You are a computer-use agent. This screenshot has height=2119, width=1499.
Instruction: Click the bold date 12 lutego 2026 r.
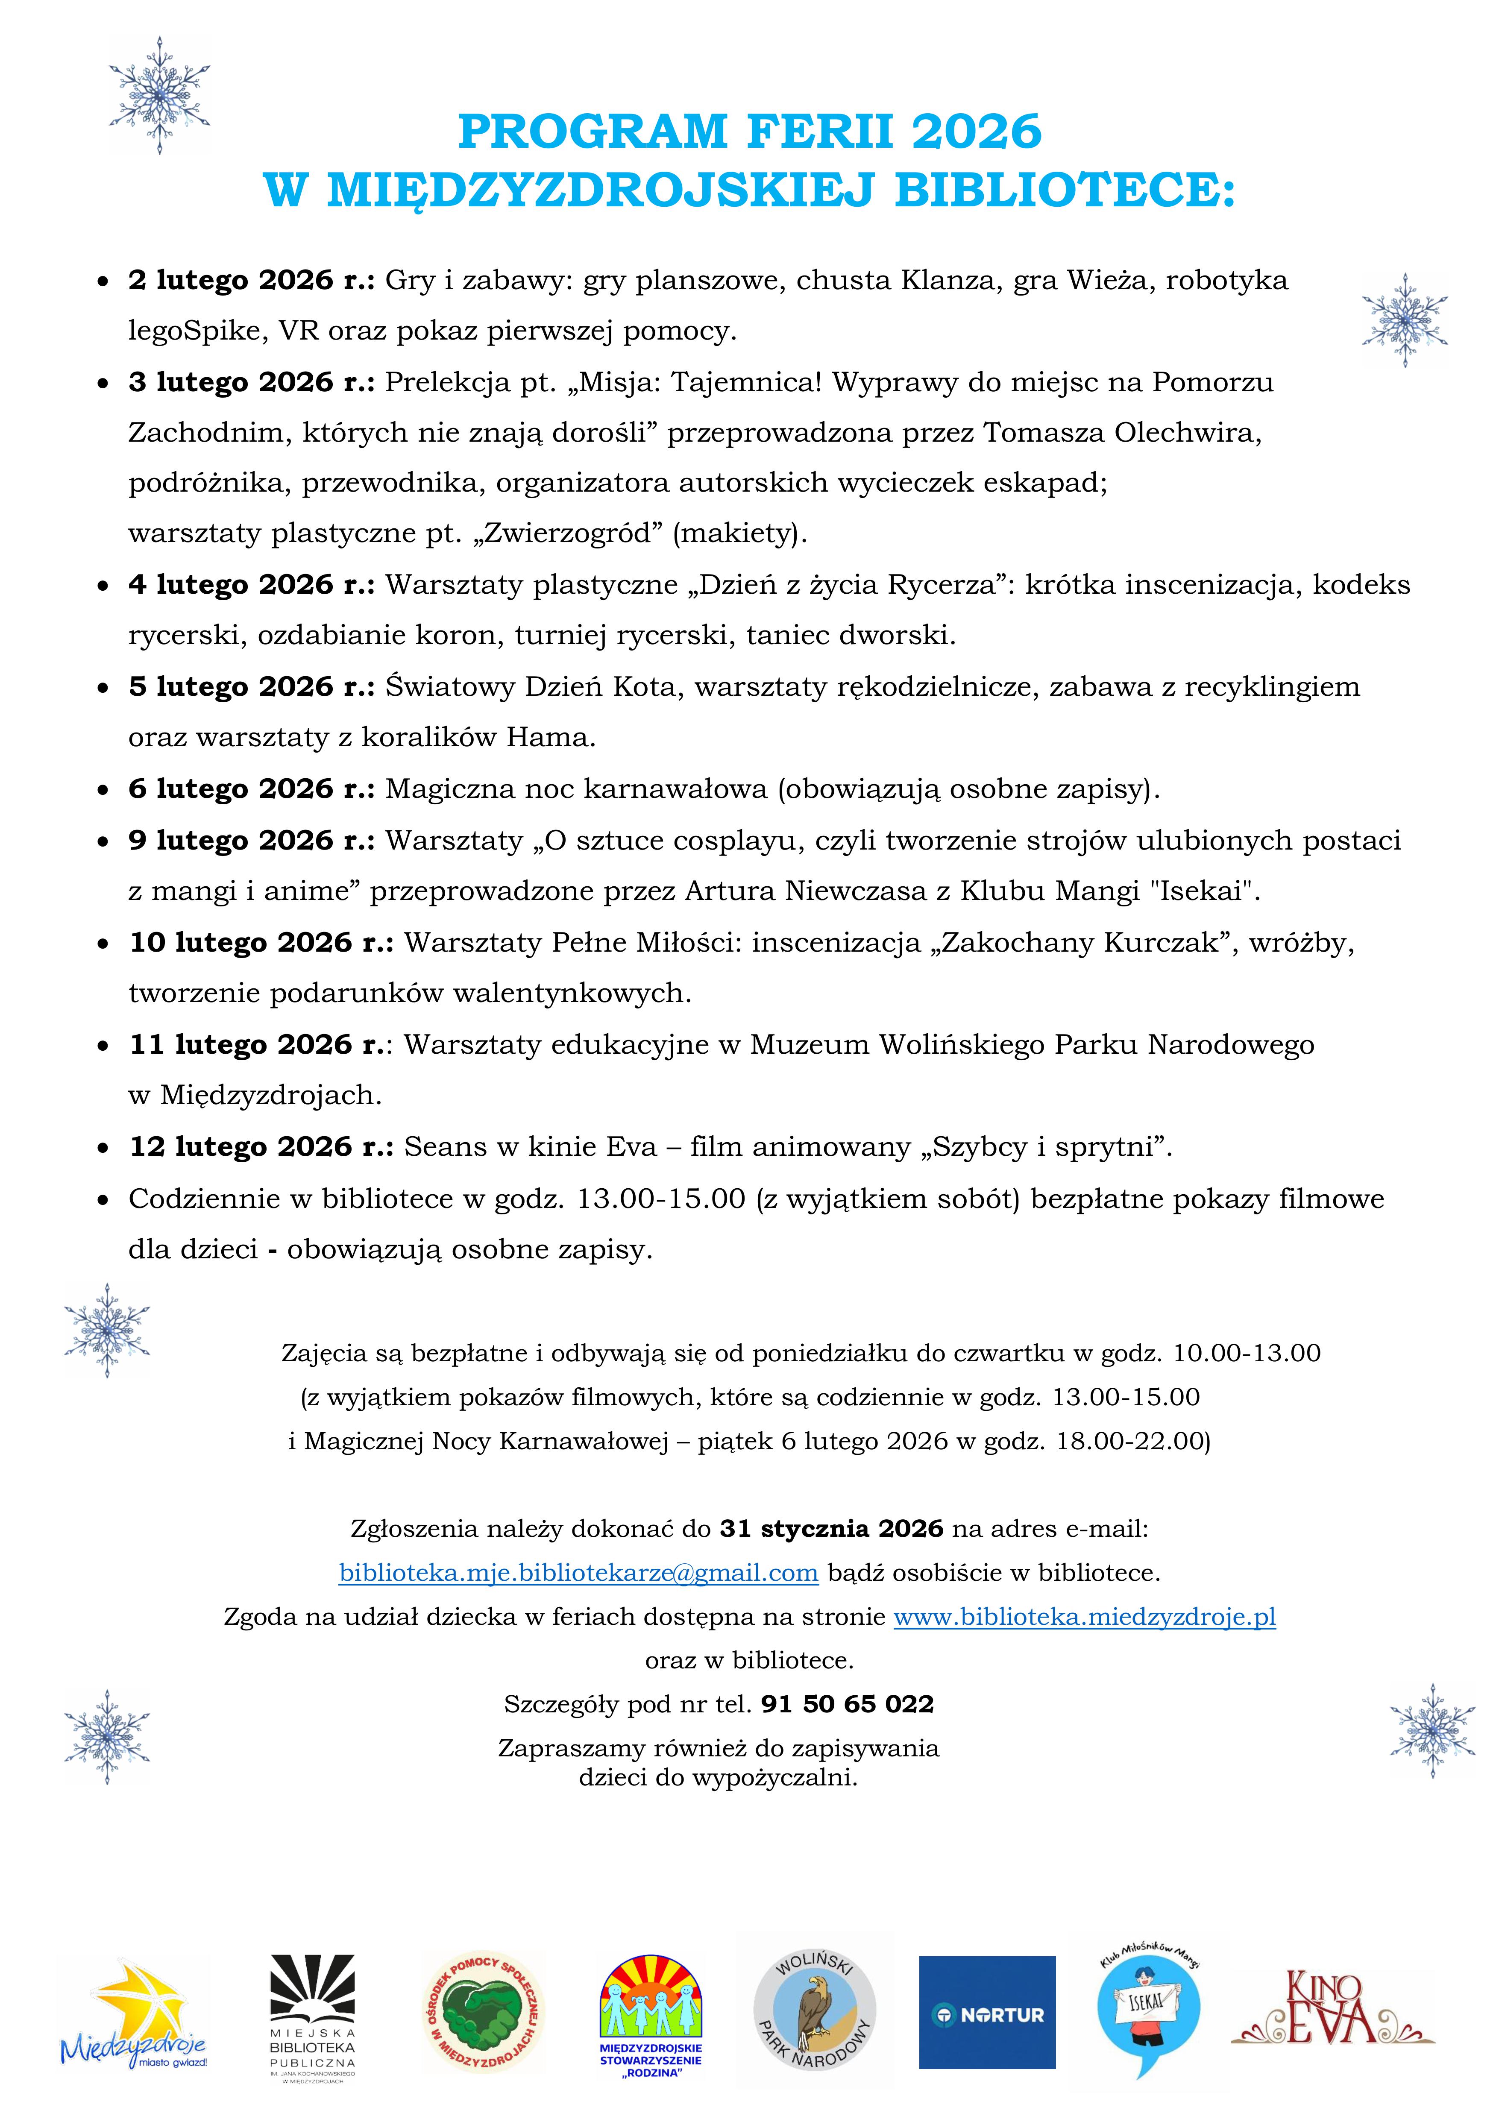coord(261,1147)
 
